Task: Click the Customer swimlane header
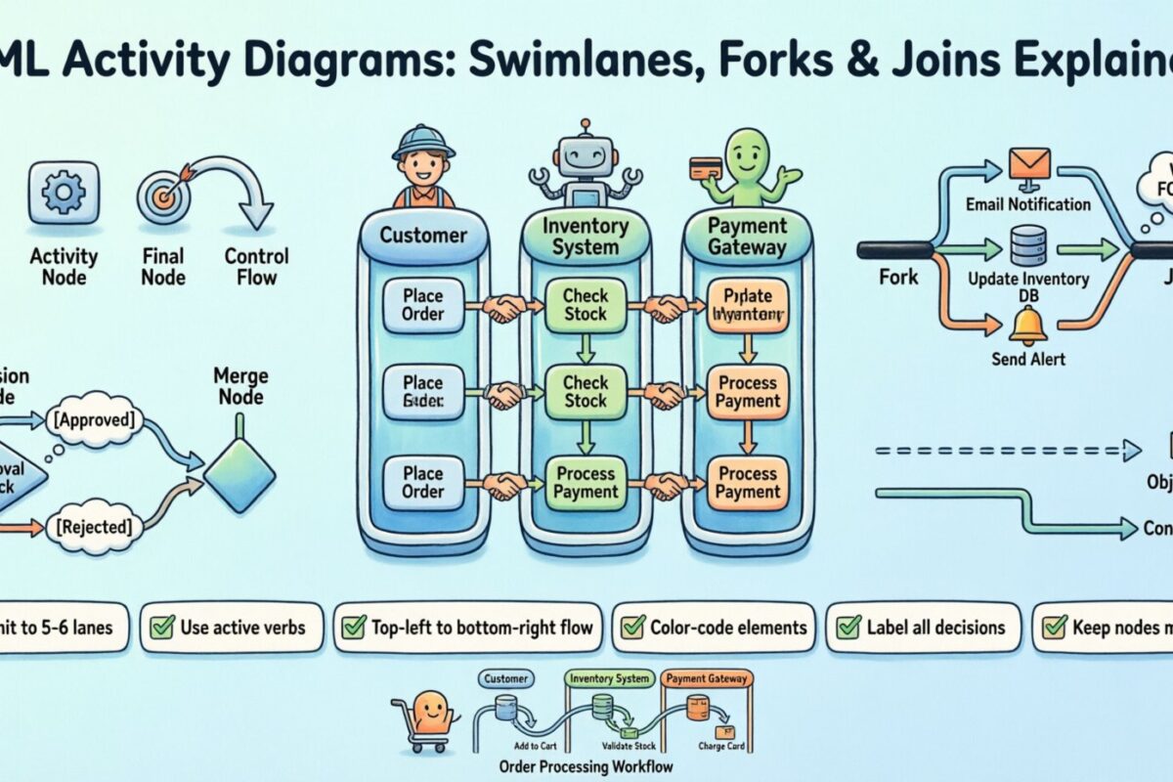422,236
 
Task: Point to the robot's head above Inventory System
584,154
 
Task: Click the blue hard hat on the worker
422,139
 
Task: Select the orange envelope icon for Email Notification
1028,162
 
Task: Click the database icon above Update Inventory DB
1028,245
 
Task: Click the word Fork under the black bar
897,277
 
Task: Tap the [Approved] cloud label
95,420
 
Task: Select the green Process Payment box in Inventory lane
586,482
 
